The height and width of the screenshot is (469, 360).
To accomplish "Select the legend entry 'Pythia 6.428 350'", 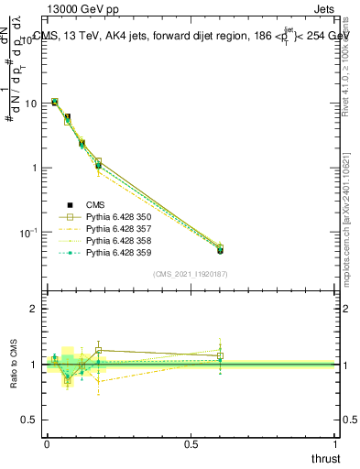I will (117, 217).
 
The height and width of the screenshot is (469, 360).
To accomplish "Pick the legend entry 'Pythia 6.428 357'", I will (117, 229).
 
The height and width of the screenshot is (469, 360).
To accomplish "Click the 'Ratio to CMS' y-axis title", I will (14, 365).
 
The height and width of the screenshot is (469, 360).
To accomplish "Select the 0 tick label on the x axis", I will (46, 443).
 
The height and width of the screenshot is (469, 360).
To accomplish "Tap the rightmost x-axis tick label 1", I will (336, 443).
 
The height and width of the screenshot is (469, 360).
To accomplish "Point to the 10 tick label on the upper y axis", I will (32, 104).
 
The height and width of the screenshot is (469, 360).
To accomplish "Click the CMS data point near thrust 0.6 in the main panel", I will (220, 250).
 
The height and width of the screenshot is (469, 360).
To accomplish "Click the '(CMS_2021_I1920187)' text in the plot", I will (191, 273).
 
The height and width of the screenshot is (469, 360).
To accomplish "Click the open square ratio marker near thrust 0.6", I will (220, 355).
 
